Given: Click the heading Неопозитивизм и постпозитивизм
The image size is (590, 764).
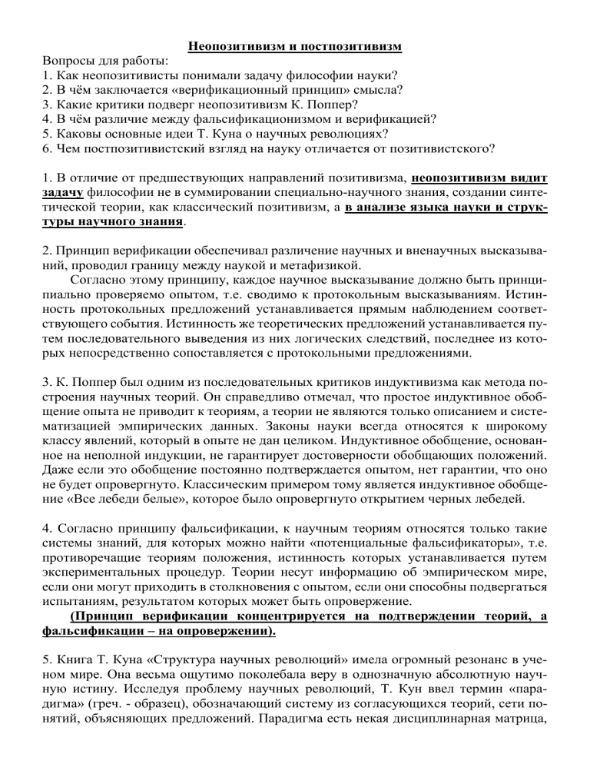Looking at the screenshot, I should point(296,47).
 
